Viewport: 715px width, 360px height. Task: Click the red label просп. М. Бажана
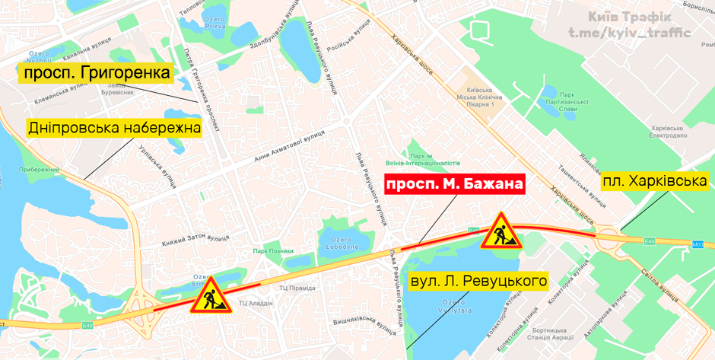pos(455,185)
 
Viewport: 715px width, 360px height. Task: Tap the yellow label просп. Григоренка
pos(97,73)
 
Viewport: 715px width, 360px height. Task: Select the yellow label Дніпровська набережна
pos(115,128)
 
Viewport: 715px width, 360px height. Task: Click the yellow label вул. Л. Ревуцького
pos(478,282)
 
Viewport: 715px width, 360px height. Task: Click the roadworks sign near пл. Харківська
pos(500,231)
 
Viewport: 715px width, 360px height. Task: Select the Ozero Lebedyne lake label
pos(342,244)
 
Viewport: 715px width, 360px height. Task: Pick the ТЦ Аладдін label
pos(256,303)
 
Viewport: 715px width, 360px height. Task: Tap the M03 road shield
pos(698,244)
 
